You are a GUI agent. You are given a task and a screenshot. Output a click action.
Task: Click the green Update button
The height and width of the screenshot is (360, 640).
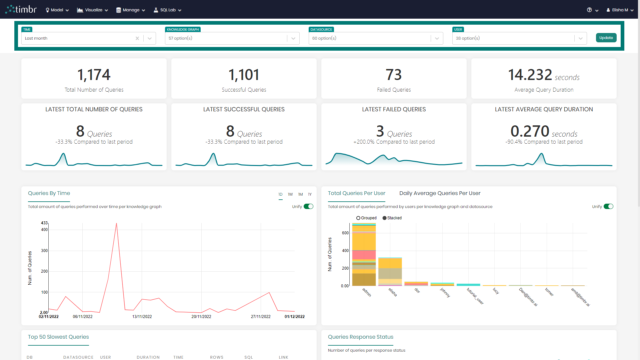tap(606, 38)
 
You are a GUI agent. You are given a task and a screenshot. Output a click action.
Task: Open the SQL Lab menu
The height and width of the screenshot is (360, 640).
tap(167, 10)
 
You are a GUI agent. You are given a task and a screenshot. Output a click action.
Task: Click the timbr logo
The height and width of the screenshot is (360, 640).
tap(21, 9)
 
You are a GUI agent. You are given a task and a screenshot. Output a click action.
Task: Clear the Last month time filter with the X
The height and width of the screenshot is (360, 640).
tap(137, 38)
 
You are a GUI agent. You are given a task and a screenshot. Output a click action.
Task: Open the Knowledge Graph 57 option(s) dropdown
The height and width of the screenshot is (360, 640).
tap(293, 38)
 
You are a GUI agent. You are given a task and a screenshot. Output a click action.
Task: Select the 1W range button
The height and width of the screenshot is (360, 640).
tap(290, 194)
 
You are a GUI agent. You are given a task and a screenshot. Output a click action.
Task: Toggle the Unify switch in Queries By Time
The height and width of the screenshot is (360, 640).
tap(308, 207)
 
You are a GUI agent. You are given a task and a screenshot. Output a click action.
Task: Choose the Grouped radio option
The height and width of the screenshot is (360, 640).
tap(358, 218)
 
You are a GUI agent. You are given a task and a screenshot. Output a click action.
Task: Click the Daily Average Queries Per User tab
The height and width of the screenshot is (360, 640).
tap(440, 193)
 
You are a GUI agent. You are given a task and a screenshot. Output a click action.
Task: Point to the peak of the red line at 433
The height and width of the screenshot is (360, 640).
tap(116, 223)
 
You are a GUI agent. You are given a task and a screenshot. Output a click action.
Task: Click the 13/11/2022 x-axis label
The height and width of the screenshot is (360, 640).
tap(142, 317)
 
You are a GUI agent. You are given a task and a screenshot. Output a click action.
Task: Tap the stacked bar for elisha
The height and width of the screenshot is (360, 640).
tap(390, 272)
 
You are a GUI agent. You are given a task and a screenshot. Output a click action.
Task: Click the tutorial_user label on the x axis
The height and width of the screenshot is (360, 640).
tap(475, 296)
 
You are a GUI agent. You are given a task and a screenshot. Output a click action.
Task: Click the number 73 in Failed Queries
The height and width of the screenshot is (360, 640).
tap(394, 75)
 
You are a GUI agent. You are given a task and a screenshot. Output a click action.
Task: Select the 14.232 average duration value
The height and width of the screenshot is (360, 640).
tap(530, 75)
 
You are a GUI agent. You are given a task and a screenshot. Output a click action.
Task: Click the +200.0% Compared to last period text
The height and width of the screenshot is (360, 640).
tap(394, 142)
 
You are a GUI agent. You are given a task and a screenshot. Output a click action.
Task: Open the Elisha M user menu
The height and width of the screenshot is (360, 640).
tap(620, 10)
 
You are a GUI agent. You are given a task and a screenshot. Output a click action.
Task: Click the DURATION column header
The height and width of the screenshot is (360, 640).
tap(148, 357)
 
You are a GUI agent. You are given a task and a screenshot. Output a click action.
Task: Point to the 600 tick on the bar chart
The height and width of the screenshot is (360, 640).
tap(345, 233)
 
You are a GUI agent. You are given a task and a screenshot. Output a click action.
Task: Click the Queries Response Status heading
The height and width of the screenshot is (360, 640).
tap(360, 337)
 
